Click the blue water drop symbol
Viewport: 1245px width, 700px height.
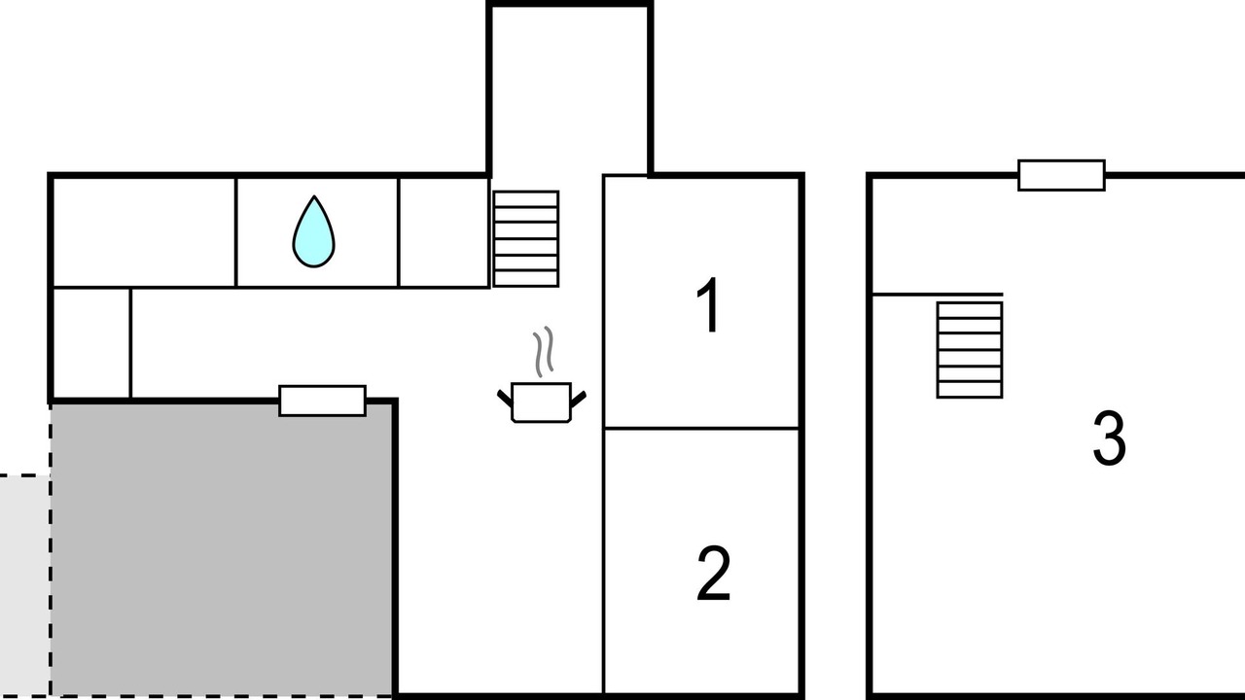(x=313, y=232)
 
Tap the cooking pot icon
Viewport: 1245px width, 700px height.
(x=541, y=402)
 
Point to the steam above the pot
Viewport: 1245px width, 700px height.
(x=544, y=350)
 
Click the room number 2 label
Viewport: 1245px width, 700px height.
(x=713, y=574)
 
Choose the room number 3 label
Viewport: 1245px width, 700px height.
(x=1110, y=437)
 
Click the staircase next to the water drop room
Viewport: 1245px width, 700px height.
(x=526, y=239)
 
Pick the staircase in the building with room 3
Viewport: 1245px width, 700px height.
(x=970, y=350)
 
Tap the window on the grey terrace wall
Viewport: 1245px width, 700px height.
(x=322, y=401)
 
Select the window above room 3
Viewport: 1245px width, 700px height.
(x=1061, y=176)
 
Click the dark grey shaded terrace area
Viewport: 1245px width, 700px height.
(x=223, y=550)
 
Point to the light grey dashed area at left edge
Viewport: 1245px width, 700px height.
(x=25, y=586)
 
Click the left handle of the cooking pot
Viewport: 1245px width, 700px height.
(x=505, y=399)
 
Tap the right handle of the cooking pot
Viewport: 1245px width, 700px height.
(x=579, y=399)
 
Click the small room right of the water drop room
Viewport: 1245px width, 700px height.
(x=445, y=232)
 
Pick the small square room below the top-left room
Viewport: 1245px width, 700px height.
(x=91, y=343)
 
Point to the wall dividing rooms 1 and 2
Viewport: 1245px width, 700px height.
(x=701, y=429)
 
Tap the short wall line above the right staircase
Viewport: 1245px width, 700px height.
(x=938, y=295)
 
